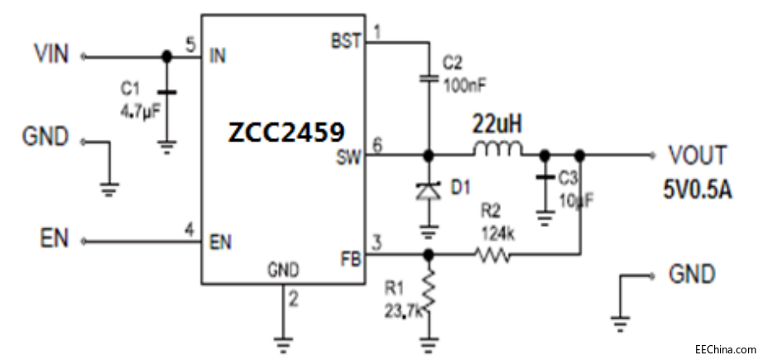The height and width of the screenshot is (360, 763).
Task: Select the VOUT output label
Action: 698,155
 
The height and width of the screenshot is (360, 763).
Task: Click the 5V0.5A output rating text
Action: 697,188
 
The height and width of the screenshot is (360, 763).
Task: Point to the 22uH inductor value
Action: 497,126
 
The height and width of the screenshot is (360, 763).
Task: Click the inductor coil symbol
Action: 497,152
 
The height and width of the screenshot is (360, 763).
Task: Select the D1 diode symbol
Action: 429,190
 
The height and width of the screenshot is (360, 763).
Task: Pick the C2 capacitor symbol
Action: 429,79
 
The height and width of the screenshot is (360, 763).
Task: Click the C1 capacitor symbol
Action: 166,93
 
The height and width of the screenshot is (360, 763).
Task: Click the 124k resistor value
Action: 499,234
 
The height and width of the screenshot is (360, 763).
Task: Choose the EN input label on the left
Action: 54,240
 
